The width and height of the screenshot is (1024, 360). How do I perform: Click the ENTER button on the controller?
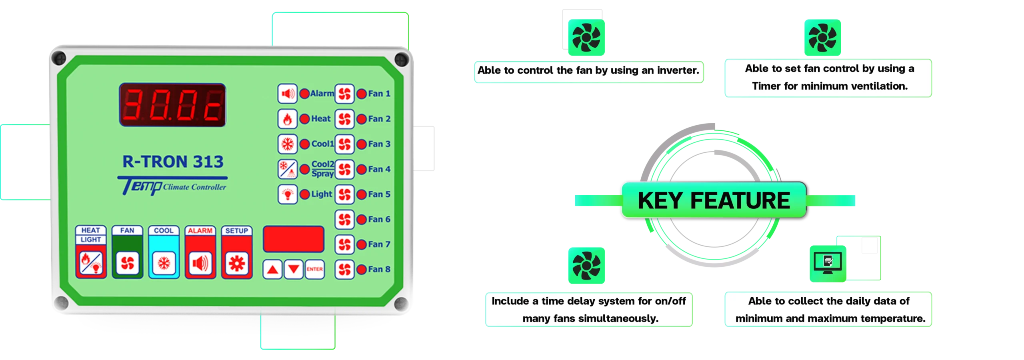[x=314, y=269]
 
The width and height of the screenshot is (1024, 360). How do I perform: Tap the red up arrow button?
[x=272, y=269]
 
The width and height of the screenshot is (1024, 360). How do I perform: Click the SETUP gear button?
[x=237, y=264]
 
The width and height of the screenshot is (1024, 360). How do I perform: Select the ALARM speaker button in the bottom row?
[x=200, y=264]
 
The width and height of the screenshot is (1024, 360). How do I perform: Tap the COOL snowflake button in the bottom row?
[x=164, y=264]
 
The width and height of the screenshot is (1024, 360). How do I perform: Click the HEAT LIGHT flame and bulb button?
[x=91, y=264]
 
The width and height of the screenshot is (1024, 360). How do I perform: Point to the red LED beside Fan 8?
[x=362, y=270]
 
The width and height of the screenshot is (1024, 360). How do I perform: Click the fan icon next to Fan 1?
[x=344, y=94]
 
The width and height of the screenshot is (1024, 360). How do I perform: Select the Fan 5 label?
[x=379, y=194]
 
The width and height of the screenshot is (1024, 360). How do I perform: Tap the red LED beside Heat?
[x=305, y=119]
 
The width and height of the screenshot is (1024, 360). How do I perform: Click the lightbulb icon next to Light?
[x=287, y=194]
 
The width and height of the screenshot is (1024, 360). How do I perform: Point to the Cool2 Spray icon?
[x=287, y=169]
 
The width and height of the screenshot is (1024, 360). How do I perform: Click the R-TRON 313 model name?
[x=173, y=162]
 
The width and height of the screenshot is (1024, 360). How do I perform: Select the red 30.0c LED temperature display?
[x=172, y=105]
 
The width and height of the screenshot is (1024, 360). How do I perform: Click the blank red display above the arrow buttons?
[x=293, y=239]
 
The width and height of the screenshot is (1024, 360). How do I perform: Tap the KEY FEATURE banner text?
[x=713, y=200]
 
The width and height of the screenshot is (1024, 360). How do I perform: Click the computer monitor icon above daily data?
[x=828, y=264]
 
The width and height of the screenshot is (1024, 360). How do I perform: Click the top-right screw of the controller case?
[x=401, y=60]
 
